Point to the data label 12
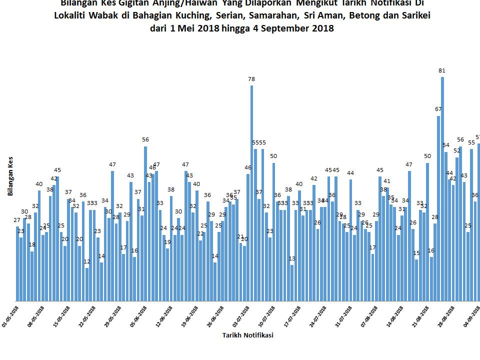pyautogui.click(x=87, y=261)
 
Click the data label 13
pyautogui.click(x=292, y=258)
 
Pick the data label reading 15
pyautogui.click(x=416, y=253)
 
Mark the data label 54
pyautogui.click(x=446, y=145)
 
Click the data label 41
pyautogui.click(x=387, y=181)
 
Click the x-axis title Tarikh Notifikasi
pyautogui.click(x=247, y=335)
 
